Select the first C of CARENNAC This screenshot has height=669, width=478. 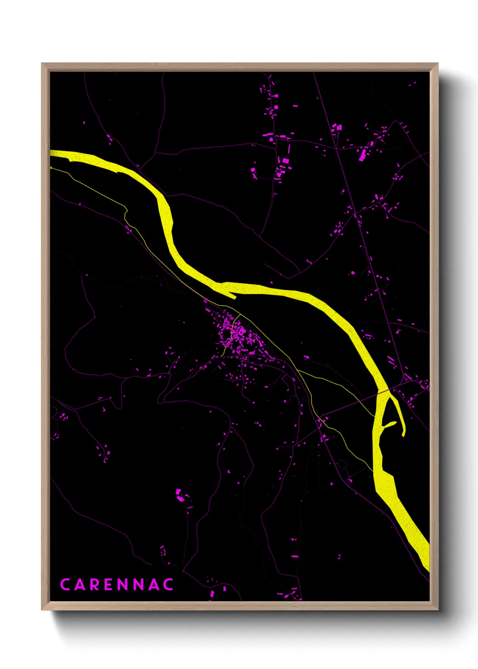65,584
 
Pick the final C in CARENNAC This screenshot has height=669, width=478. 169,584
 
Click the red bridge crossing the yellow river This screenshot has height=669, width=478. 383,391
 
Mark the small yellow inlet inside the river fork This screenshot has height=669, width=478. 389,425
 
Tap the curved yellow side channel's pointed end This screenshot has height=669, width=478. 403,435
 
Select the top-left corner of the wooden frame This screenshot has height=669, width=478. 42,64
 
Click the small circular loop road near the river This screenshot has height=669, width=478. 342,464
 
